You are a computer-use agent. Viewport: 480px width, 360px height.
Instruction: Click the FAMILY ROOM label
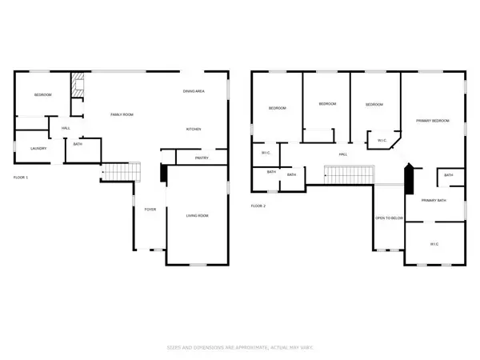coord(122,115)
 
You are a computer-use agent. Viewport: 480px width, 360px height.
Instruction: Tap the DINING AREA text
coord(194,91)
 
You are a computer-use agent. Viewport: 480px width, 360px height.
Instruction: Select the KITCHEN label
coord(194,130)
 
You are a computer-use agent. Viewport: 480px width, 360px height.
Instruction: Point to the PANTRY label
coord(202,158)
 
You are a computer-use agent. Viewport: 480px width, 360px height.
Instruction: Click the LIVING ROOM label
coord(198,215)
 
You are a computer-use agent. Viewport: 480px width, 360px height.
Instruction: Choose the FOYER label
coord(150,210)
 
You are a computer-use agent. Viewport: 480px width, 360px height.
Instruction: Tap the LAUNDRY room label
coord(38,148)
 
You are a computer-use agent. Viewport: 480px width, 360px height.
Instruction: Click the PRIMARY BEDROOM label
coord(432,121)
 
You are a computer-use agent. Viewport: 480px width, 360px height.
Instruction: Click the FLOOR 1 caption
coord(21,177)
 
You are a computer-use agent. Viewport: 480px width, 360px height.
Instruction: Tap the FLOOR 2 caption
coord(258,206)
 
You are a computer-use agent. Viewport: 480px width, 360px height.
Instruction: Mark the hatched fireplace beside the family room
coord(78,85)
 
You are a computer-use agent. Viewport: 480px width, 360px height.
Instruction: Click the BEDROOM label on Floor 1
coord(42,95)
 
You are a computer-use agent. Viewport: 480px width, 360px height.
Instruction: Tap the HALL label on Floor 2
coord(342,154)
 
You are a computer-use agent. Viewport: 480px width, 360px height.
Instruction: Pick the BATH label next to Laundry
coord(78,145)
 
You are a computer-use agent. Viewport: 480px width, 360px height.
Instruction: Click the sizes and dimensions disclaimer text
coord(239,347)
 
